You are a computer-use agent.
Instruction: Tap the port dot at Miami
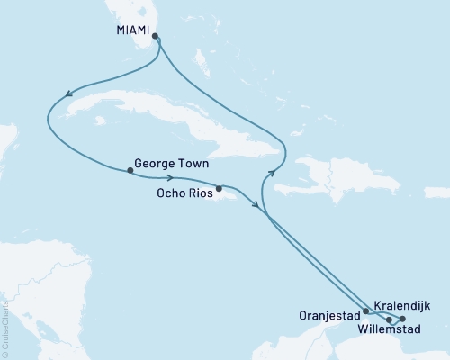point(156,37)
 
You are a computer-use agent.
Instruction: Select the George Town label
point(171,165)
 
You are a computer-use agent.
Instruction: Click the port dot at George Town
point(130,170)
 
